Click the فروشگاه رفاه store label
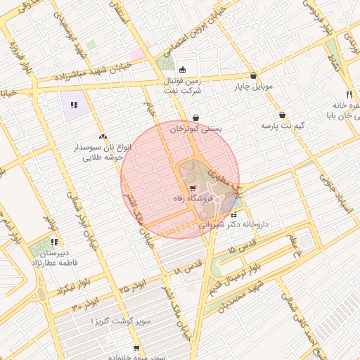[192, 200]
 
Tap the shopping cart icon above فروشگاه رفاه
[193, 188]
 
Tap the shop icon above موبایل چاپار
[253, 76]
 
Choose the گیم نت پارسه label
[282, 125]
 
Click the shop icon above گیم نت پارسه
[282, 115]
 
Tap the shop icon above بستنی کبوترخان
[195, 117]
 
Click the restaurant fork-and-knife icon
[348, 94]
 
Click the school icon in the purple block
[73, 105]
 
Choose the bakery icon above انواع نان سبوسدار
[103, 136]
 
